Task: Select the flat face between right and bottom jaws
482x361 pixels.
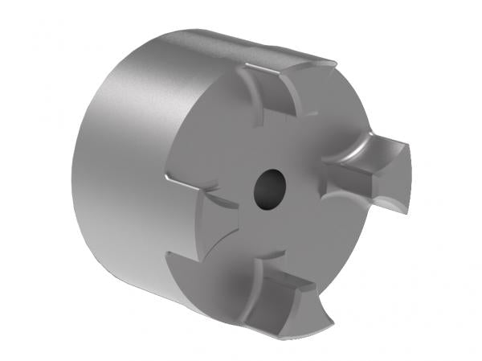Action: click(321, 233)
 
